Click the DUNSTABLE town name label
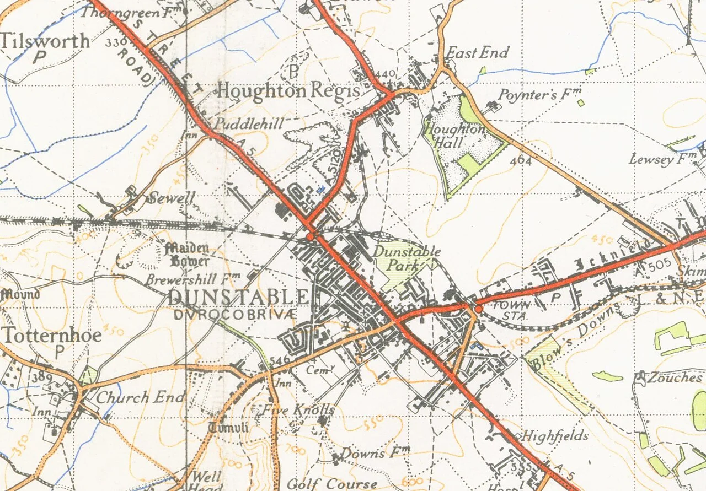(238, 297)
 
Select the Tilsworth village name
(45, 41)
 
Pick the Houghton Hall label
(454, 136)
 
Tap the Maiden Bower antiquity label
(187, 254)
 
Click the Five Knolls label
(298, 409)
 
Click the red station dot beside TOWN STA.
(478, 309)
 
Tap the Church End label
(141, 397)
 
